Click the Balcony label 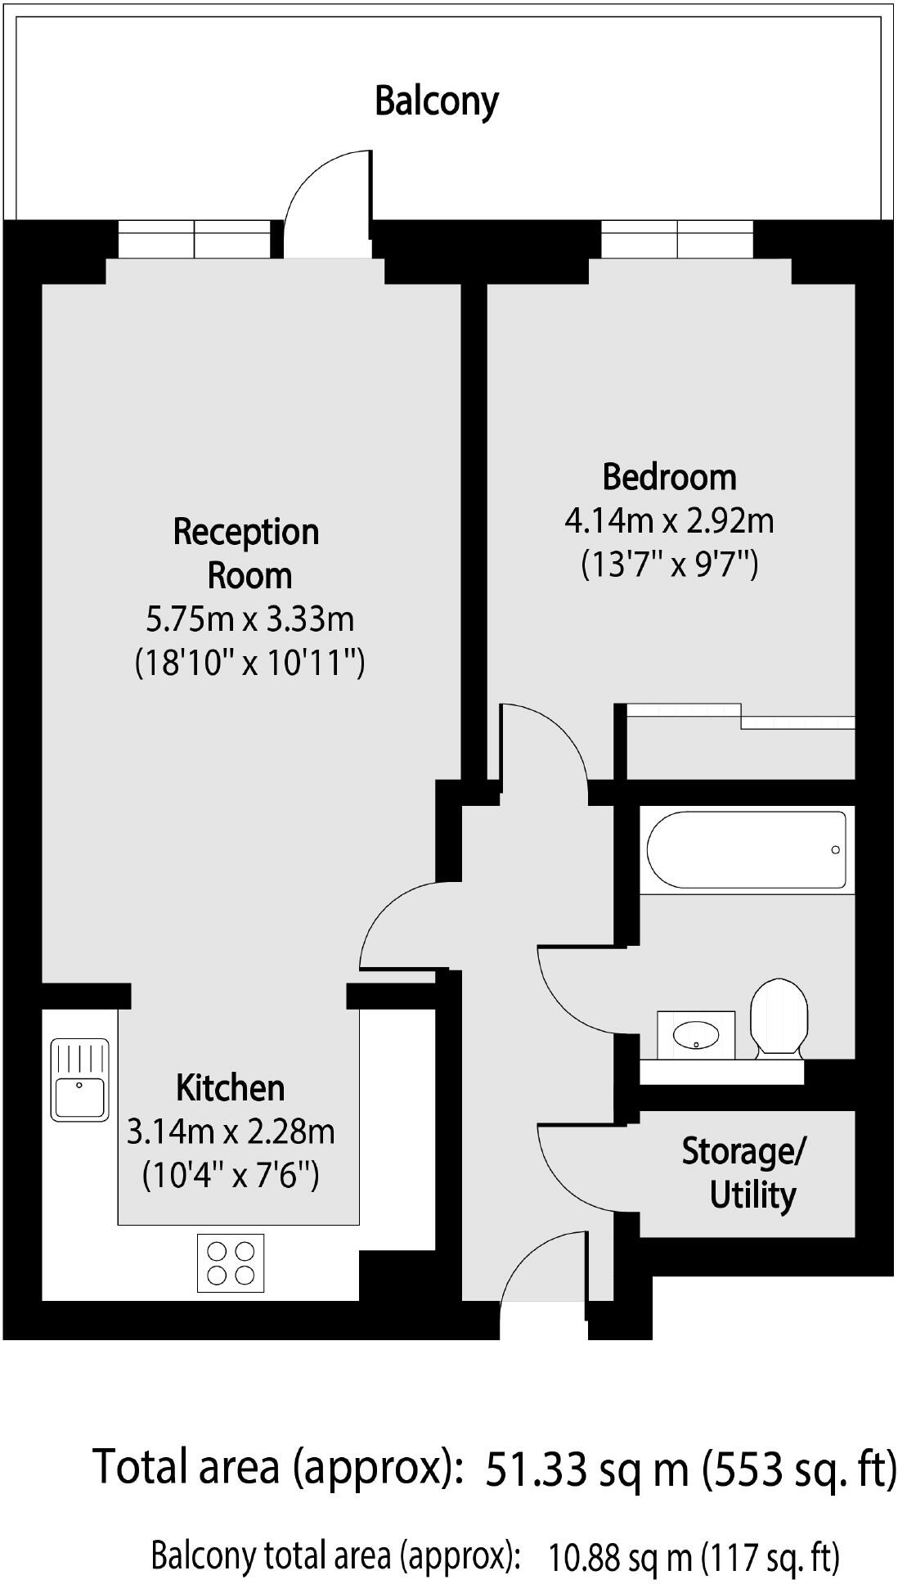[x=436, y=101]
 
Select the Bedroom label [x=669, y=477]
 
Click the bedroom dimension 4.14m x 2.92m [x=669, y=520]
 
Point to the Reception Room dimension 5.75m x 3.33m [x=249, y=619]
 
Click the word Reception [x=245, y=532]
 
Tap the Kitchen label [x=231, y=1088]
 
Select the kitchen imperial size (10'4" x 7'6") [x=231, y=1176]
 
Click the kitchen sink [x=79, y=1079]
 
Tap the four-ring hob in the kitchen [x=231, y=1262]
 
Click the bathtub [x=746, y=849]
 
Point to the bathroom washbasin [x=696, y=1034]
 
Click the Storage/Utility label [x=744, y=1173]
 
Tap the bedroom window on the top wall [x=677, y=240]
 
